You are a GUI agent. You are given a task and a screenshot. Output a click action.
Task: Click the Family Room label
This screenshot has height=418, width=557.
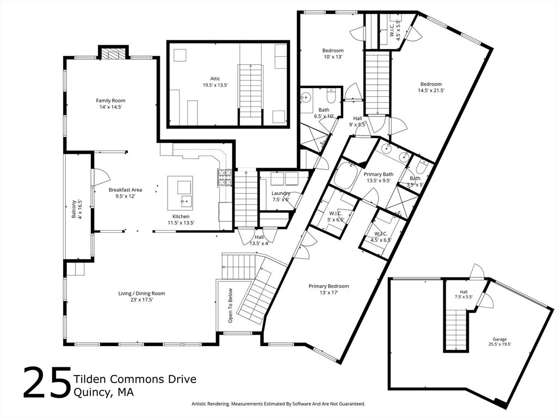coord(110,101)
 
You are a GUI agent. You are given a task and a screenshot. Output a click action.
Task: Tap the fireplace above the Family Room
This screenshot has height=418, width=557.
coord(113,54)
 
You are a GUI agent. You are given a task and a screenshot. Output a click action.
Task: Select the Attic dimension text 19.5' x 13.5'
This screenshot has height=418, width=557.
coord(215,85)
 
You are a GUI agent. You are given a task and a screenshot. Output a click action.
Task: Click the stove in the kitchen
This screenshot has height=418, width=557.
coord(225,178)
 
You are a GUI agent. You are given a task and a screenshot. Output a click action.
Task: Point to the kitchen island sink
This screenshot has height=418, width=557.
coord(185,201)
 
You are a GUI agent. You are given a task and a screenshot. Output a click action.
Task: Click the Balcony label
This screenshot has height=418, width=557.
coord(74,209)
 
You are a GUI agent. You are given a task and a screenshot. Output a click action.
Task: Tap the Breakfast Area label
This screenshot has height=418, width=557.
coord(126,190)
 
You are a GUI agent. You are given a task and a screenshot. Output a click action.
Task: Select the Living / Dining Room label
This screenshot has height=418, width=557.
coord(141,293)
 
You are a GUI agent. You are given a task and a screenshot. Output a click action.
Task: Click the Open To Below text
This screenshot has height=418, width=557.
coord(231,305)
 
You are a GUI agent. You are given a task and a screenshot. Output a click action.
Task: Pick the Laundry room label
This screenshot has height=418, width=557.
coord(281,193)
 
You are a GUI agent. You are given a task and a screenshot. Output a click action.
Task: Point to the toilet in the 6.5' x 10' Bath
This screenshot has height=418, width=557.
coord(331,95)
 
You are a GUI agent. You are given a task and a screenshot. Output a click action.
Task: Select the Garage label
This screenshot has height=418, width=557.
coord(499,339)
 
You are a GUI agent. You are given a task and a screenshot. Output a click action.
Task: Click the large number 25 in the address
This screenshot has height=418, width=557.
coord(47,383)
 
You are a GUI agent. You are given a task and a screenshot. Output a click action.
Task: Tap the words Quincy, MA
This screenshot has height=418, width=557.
coord(104,392)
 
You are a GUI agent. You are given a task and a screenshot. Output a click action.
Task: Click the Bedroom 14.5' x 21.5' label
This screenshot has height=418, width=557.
coord(431,84)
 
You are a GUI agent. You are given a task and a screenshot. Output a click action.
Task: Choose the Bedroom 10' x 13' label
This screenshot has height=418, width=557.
coord(333,51)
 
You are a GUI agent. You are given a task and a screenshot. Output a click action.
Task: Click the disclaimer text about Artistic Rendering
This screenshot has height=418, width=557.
coord(278,404)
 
